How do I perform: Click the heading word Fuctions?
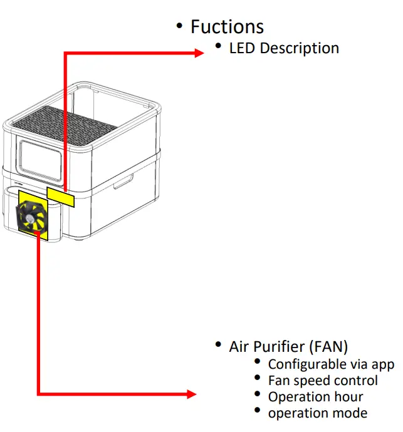coord(227,27)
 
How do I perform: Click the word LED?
coord(243,48)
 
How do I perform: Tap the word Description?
coord(299,48)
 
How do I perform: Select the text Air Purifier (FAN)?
coord(288,347)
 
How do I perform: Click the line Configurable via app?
coord(331,364)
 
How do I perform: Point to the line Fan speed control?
coord(323,381)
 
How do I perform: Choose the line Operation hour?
coord(315,397)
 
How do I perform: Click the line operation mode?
coord(317,413)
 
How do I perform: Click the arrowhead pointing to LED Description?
coord(199,54)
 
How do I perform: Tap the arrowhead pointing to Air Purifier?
coord(191,394)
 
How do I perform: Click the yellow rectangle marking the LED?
coord(61,196)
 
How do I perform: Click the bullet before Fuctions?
coord(179,26)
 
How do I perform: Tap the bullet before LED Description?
coord(218,47)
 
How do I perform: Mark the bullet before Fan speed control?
coord(258,379)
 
